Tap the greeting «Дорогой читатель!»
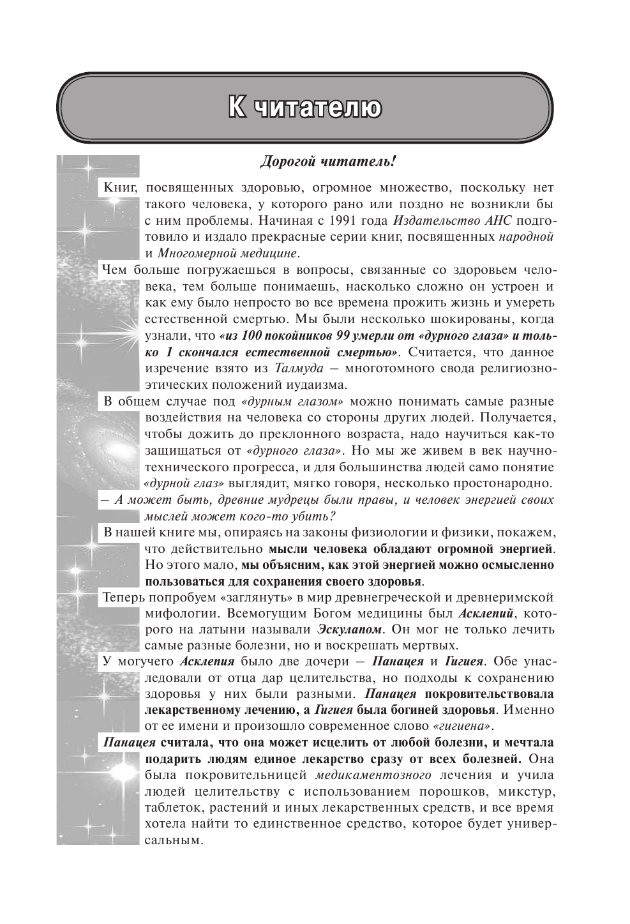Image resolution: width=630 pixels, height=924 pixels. pos(328,162)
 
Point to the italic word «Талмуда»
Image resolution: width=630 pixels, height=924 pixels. pos(299,368)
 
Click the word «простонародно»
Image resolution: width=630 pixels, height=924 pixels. pos(502,483)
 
